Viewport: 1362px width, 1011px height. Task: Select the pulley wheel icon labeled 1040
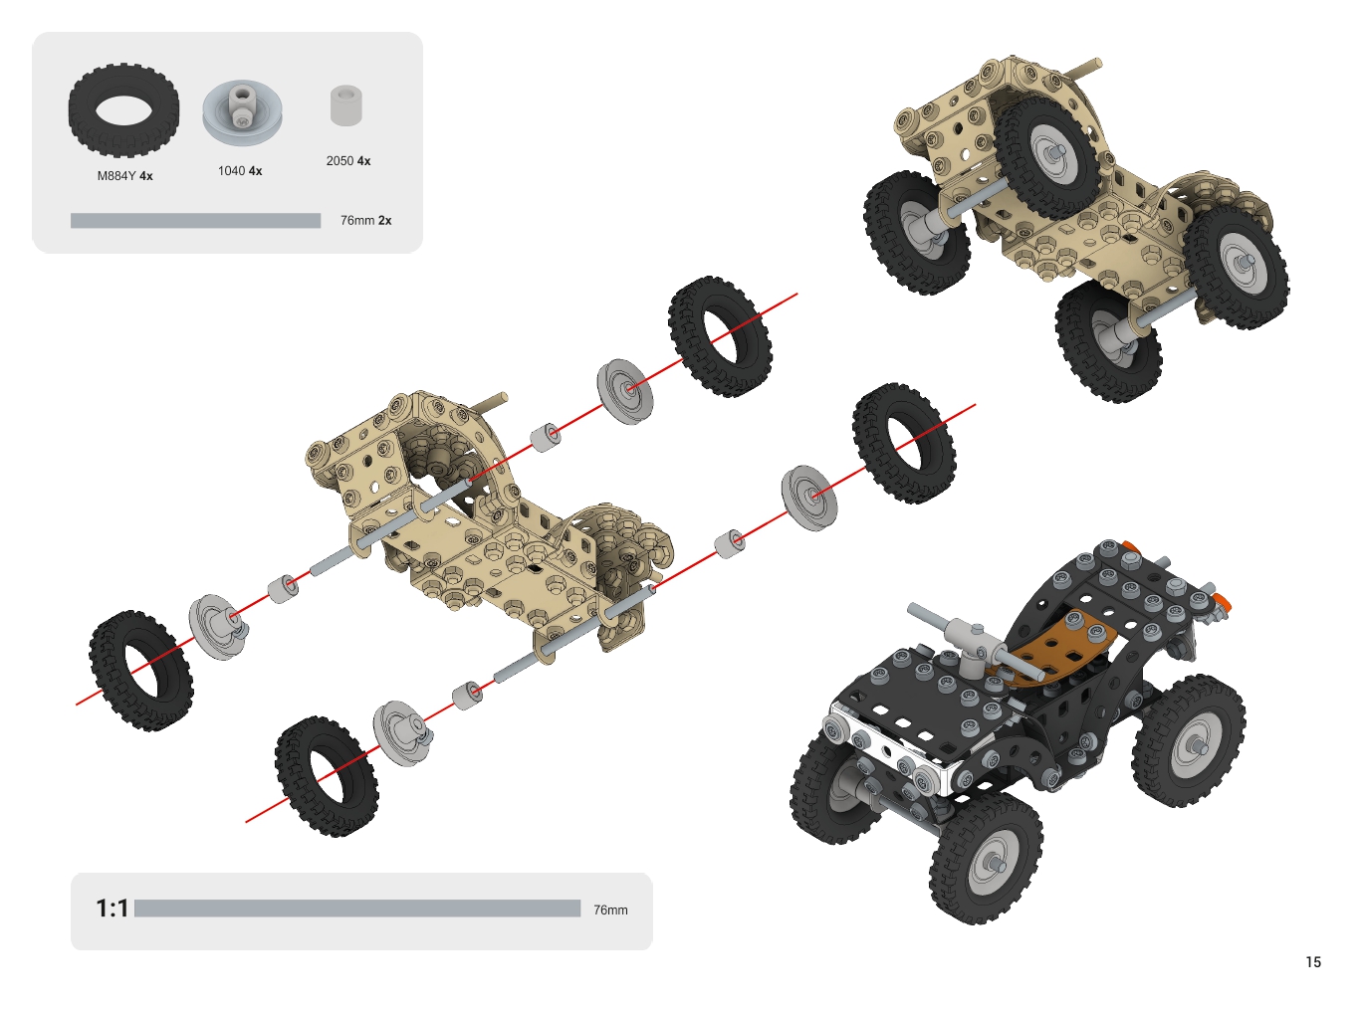tap(242, 111)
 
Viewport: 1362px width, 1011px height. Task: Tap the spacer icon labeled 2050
tap(346, 105)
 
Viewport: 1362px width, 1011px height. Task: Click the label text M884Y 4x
tap(124, 176)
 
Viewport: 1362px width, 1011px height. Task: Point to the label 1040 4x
tap(240, 171)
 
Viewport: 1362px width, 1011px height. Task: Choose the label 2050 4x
tap(348, 161)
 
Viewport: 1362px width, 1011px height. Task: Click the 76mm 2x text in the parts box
tap(366, 220)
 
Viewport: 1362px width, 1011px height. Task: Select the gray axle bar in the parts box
tap(195, 220)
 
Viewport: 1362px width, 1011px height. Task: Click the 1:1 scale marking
tap(112, 909)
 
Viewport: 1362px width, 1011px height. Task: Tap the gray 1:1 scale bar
tap(357, 909)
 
